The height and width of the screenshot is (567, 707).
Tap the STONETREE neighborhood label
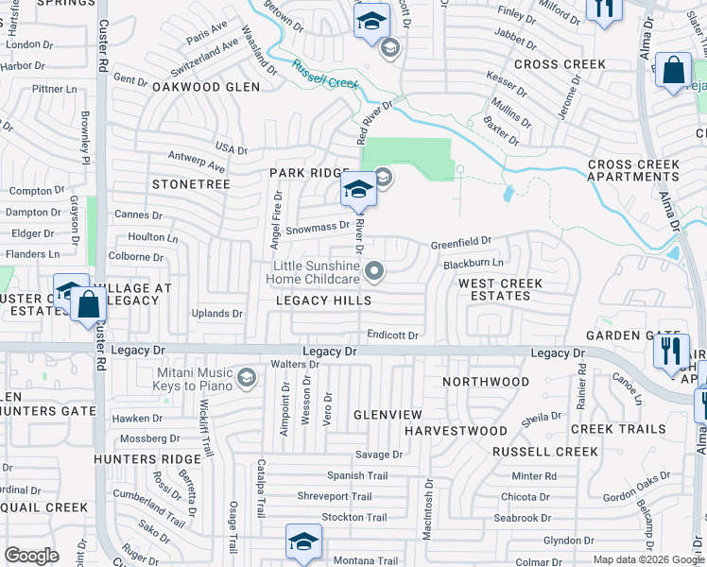pos(191,184)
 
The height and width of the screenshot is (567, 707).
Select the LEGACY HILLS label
pos(322,300)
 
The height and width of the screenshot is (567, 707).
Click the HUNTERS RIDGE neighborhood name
pos(147,459)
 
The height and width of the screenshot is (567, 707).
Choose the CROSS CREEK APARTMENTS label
pos(633,170)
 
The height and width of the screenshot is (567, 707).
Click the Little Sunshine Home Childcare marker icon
pos(375,272)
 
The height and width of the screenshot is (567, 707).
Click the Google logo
pos(31,556)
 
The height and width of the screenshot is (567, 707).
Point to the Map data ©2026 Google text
pos(648,559)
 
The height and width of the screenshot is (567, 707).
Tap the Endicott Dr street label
pos(392,335)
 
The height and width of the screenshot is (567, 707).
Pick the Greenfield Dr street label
pos(461,243)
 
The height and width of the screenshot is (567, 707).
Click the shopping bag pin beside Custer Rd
pos(88,305)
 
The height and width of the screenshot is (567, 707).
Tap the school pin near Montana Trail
pos(303,541)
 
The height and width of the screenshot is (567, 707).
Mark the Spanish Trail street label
pos(357,475)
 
